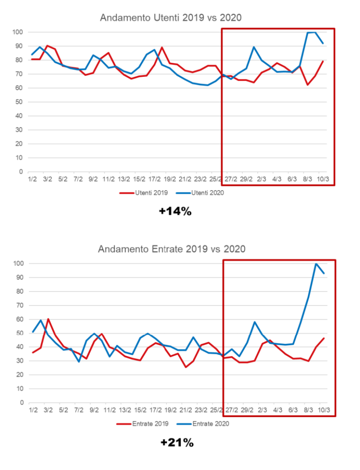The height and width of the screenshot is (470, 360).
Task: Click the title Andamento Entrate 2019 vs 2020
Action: (x=172, y=249)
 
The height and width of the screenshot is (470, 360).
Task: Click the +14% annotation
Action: (x=175, y=211)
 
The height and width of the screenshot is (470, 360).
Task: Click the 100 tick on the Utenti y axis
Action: (x=18, y=32)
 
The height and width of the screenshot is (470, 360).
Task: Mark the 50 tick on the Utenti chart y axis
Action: (x=20, y=102)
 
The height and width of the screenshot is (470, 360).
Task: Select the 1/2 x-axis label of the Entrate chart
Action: (x=33, y=410)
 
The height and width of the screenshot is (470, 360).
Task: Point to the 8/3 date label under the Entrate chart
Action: (x=308, y=410)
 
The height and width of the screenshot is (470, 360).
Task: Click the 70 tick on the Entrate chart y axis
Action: (x=20, y=305)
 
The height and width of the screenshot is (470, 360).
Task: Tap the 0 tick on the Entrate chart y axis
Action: (x=22, y=403)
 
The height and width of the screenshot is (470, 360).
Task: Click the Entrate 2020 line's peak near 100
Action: (x=316, y=264)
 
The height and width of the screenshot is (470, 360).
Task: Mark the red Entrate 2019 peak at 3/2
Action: (x=48, y=319)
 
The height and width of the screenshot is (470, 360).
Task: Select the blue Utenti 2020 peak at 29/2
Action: (x=254, y=47)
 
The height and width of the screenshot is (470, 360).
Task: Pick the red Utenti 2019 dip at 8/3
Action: (x=308, y=85)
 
